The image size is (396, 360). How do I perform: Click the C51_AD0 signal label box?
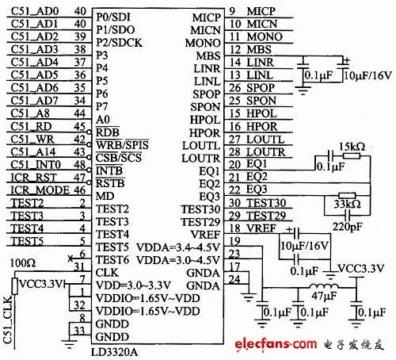coord(35,12)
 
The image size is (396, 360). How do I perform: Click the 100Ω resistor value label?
coord(17,261)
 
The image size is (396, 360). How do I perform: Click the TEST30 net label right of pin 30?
coord(265,203)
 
